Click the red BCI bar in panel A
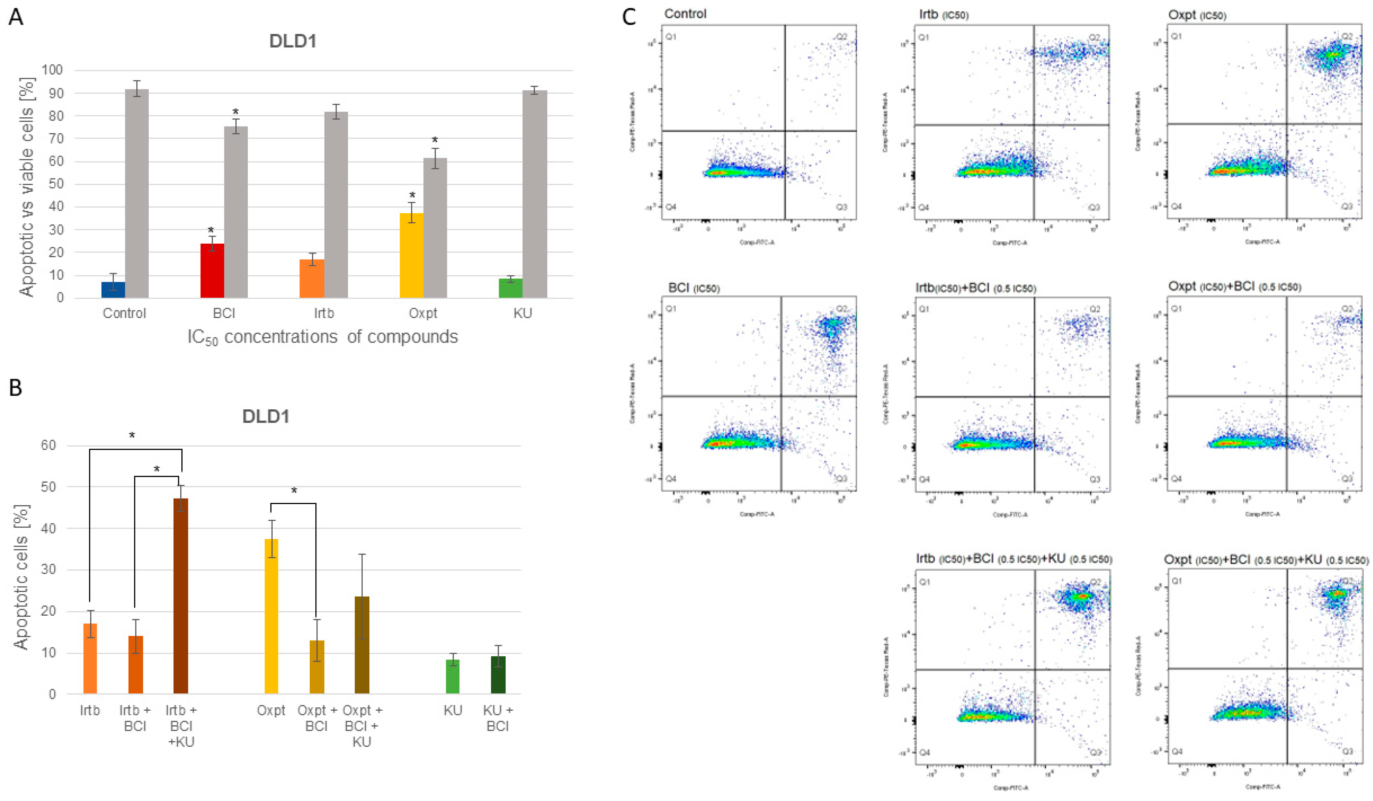(212, 271)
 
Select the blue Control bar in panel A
(113, 290)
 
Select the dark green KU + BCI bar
(498, 675)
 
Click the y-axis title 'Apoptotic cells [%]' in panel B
(21, 577)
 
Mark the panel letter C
(629, 17)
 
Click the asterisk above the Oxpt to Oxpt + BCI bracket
(294, 491)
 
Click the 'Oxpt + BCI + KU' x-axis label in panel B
(362, 726)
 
